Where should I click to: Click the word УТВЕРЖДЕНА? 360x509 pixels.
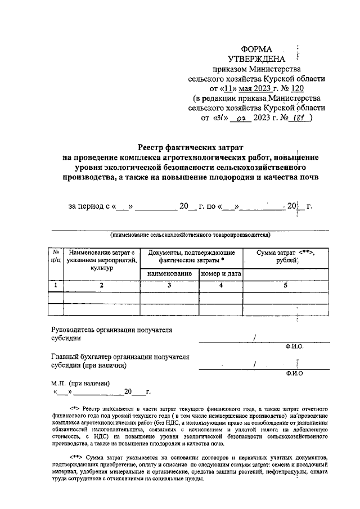point(256,59)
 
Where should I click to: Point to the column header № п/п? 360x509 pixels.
point(56,256)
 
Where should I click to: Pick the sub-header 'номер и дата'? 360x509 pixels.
point(220,274)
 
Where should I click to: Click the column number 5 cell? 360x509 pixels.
point(286,286)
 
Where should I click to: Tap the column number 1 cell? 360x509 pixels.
point(56,286)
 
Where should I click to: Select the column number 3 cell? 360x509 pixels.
point(169,286)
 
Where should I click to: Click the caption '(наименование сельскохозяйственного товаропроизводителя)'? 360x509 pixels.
point(191,234)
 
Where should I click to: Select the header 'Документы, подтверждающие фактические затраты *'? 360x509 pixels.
point(191,257)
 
